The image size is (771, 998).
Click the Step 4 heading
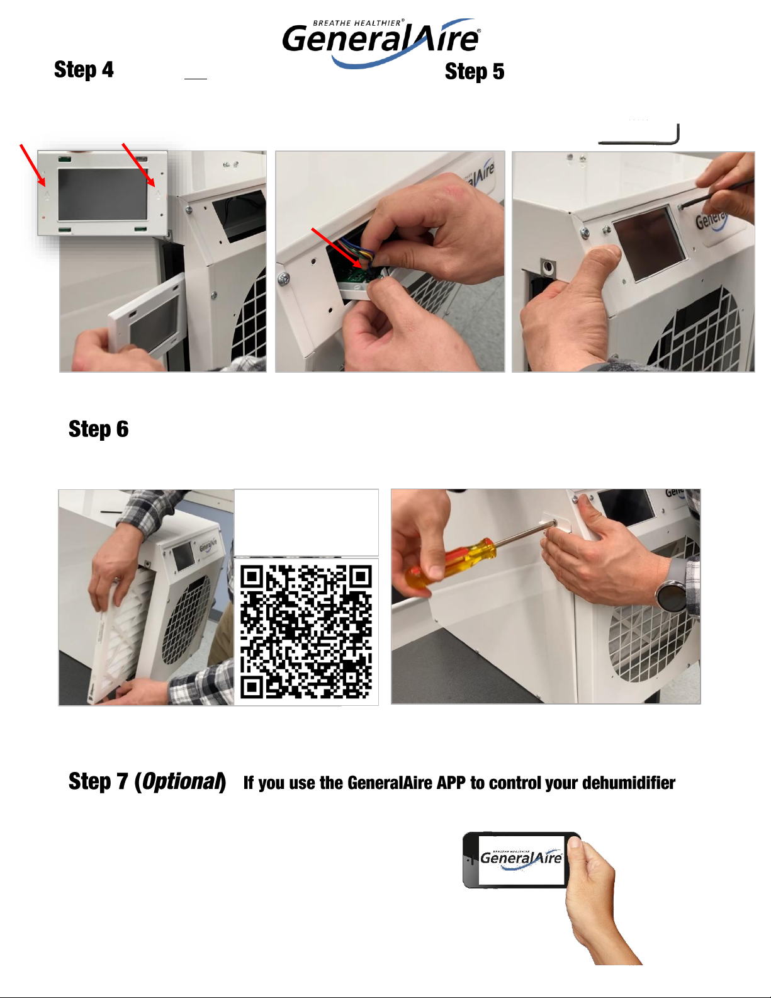pos(84,70)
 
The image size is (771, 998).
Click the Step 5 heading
pos(475,72)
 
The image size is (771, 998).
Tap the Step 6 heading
pos(98,429)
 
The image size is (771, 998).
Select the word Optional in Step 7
pos(182,781)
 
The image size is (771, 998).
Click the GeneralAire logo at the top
pos(381,43)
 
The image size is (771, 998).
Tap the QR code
pos(306,631)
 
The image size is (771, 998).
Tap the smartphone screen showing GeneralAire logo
pos(521,860)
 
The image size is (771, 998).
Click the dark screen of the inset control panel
pos(103,195)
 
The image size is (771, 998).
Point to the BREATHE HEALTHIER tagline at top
pos(358,23)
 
